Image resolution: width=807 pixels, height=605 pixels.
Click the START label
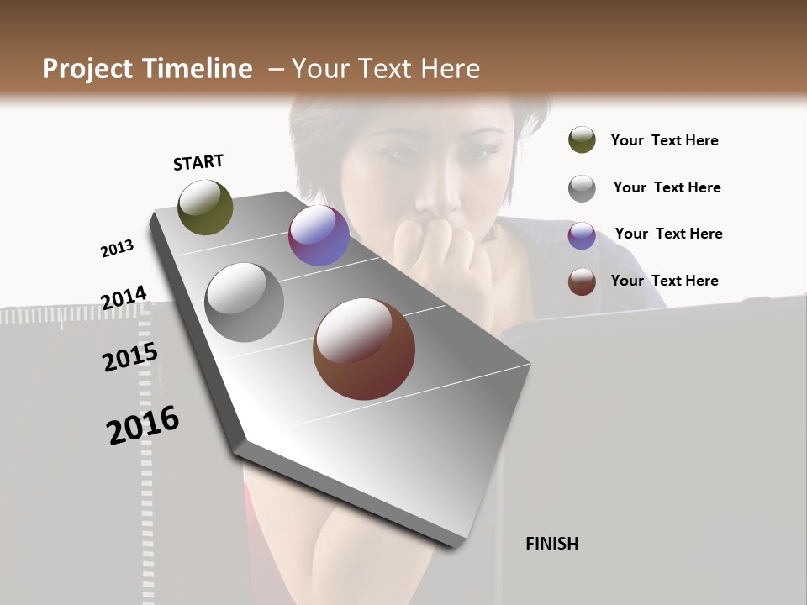click(x=198, y=162)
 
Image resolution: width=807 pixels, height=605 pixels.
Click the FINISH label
click(x=552, y=544)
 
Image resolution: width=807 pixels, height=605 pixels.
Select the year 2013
click(x=117, y=249)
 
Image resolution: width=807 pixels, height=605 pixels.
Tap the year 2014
click(x=124, y=298)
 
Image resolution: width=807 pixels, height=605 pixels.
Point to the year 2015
click(x=130, y=357)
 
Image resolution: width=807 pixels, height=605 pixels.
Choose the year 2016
click(x=143, y=425)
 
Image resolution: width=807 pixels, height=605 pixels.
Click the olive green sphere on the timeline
click(x=205, y=207)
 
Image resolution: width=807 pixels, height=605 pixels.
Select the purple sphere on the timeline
click(x=319, y=235)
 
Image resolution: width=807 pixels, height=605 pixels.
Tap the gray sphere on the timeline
click(x=244, y=302)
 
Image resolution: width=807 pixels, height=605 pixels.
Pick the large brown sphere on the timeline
click(x=364, y=349)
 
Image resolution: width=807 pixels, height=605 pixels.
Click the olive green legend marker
click(x=582, y=140)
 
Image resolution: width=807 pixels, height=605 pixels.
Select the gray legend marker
click(x=582, y=188)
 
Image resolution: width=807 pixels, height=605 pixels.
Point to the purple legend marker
click(x=582, y=235)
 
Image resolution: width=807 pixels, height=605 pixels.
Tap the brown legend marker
click(x=582, y=281)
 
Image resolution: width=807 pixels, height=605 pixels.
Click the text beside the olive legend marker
click(x=664, y=140)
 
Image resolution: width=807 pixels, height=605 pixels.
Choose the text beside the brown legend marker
click(x=664, y=281)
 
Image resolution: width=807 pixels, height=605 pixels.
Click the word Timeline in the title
click(x=198, y=69)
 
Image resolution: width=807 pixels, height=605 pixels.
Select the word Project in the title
click(x=88, y=69)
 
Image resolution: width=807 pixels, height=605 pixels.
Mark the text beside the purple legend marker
click(x=668, y=234)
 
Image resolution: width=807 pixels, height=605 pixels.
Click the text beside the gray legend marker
click(x=667, y=187)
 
